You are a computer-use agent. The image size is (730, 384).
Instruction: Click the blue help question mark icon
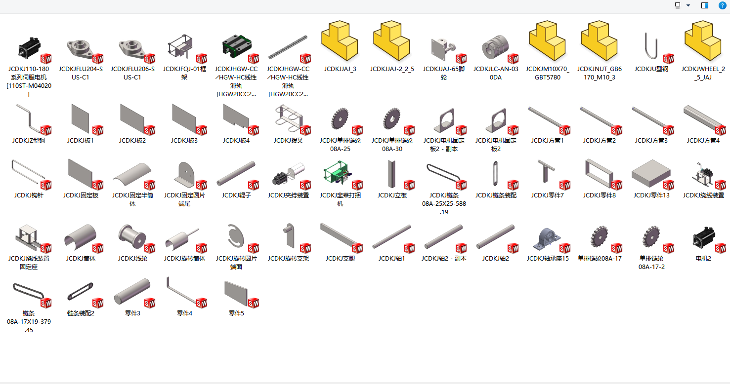(x=722, y=5)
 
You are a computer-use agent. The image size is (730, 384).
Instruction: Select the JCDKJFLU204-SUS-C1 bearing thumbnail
(x=81, y=47)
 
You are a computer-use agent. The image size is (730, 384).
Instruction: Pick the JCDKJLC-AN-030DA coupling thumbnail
(x=496, y=48)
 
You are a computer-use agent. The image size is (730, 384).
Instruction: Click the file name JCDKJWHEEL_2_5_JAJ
(x=703, y=73)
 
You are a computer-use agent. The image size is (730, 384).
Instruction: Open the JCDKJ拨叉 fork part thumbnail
(x=288, y=118)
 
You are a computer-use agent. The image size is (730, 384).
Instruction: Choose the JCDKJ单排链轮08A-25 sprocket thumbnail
(x=340, y=118)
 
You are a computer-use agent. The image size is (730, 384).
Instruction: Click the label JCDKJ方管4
(x=703, y=141)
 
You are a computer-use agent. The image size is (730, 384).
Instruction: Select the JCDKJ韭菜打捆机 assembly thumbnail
(x=340, y=174)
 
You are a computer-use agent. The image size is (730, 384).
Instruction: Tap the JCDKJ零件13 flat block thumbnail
(x=651, y=174)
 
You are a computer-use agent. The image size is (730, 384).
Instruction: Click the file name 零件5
(x=236, y=313)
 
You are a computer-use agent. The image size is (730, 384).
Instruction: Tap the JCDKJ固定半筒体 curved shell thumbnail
(x=132, y=174)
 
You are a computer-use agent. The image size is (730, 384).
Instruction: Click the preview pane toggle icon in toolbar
(x=705, y=5)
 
